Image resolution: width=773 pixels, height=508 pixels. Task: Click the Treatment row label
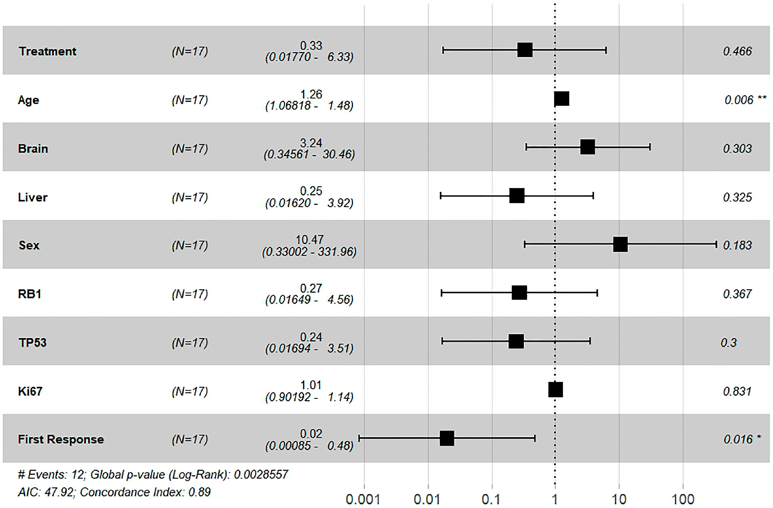click(x=48, y=51)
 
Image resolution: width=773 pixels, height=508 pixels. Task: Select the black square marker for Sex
click(x=620, y=244)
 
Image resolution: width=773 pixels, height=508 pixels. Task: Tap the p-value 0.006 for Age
click(x=739, y=100)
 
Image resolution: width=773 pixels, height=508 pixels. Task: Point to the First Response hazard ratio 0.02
click(x=311, y=434)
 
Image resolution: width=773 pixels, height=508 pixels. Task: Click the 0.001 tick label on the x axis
click(x=363, y=499)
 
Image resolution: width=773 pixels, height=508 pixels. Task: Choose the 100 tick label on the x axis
click(x=683, y=499)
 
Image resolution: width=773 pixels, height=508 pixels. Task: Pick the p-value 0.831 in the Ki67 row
click(x=737, y=392)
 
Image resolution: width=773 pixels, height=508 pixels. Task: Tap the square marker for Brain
click(x=588, y=147)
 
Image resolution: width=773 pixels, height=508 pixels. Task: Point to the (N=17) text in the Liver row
click(x=190, y=197)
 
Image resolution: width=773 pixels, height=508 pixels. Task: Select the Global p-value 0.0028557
click(x=261, y=475)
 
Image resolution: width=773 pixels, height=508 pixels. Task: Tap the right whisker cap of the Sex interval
click(x=716, y=244)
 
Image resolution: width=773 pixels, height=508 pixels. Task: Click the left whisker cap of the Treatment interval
click(x=443, y=50)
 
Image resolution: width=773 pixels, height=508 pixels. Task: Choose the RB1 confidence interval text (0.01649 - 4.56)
click(x=309, y=299)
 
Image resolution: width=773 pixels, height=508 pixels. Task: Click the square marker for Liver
click(x=517, y=196)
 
